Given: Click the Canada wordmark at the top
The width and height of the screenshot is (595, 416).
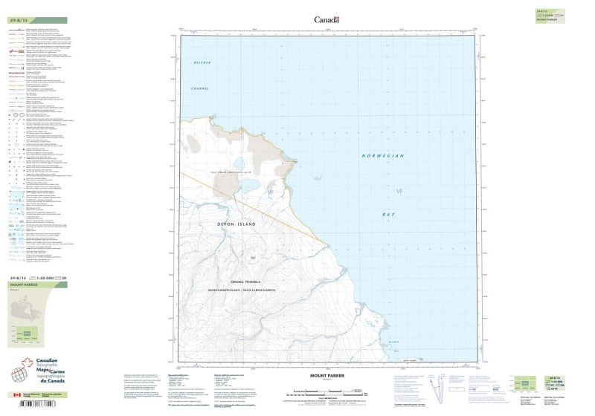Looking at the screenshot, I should (x=327, y=20).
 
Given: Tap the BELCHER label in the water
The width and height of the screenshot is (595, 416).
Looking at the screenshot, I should (x=202, y=62).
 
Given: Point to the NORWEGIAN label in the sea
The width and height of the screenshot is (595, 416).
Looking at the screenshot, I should (x=382, y=156).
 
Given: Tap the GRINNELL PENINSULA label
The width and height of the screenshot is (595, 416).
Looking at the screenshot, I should (x=242, y=282).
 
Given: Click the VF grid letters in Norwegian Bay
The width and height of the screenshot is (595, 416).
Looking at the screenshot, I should (x=399, y=192).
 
